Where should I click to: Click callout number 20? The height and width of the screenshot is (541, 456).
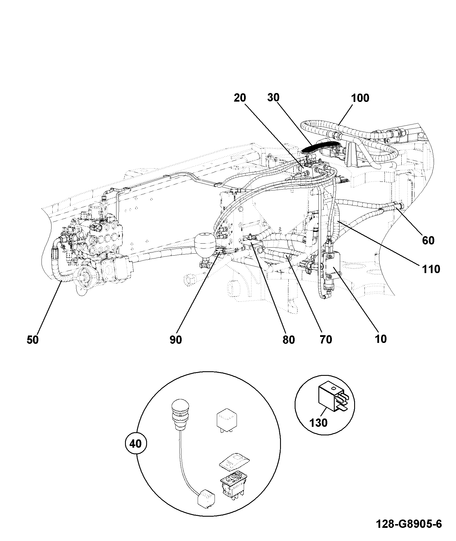pyautogui.click(x=240, y=98)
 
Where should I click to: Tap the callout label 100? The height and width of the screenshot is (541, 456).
pyautogui.click(x=360, y=98)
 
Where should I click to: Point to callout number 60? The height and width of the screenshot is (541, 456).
pyautogui.click(x=428, y=240)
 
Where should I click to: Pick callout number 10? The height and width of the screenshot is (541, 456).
pyautogui.click(x=380, y=339)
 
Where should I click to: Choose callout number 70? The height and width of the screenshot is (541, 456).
pyautogui.click(x=326, y=339)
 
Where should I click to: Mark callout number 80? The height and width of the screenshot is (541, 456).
pyautogui.click(x=288, y=339)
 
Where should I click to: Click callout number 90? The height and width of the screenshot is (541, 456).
pyautogui.click(x=176, y=340)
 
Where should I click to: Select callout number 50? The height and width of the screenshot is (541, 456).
pyautogui.click(x=33, y=340)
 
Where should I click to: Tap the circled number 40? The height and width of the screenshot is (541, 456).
pyautogui.click(x=136, y=444)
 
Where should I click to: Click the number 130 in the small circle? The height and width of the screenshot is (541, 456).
pyautogui.click(x=319, y=422)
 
